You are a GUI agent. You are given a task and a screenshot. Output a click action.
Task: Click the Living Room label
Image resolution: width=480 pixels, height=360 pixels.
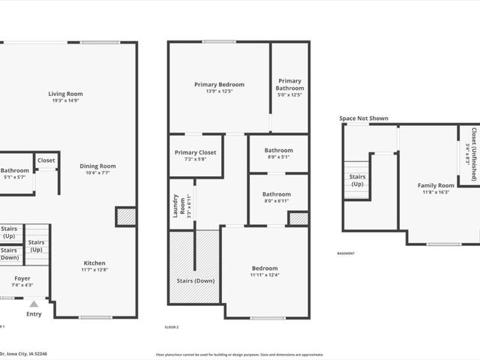click(x=65, y=94)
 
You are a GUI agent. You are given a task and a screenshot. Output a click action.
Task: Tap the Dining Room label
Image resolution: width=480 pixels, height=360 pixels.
click(x=97, y=166)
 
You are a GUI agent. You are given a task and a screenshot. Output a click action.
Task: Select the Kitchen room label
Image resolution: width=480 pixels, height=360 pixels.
click(x=94, y=263)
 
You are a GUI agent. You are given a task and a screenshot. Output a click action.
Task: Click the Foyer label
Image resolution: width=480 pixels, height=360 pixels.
click(x=22, y=278)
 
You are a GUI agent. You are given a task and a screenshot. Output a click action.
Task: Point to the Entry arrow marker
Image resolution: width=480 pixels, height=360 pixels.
click(x=34, y=304)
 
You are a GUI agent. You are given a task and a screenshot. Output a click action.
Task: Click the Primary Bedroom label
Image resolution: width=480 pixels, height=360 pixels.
click(x=217, y=85)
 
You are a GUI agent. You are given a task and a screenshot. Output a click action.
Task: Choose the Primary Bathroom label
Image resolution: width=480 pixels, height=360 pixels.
click(x=289, y=84)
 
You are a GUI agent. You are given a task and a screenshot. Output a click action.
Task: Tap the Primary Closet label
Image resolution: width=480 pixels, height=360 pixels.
click(x=195, y=153)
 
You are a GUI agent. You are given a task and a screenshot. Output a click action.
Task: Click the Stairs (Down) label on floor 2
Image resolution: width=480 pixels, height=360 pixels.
click(x=194, y=280)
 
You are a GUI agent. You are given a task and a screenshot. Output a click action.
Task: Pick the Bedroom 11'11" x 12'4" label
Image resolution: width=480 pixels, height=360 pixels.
click(x=264, y=268)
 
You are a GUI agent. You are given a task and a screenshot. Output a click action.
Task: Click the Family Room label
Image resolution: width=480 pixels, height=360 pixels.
click(x=436, y=185)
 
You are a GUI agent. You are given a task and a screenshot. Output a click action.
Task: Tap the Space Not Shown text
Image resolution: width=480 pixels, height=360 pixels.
click(x=364, y=118)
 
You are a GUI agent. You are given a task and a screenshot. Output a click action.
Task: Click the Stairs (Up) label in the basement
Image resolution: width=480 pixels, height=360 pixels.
click(x=357, y=180)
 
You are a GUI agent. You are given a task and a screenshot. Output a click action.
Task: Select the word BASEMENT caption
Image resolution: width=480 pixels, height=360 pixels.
click(x=346, y=253)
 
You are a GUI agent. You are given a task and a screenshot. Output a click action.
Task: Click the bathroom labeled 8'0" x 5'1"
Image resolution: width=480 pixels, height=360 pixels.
click(x=277, y=150)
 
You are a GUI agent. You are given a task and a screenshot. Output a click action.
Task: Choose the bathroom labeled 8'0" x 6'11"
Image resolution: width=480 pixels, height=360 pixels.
click(x=277, y=194)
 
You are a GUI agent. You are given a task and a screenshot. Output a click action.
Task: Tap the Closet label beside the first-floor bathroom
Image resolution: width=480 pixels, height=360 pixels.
click(x=46, y=160)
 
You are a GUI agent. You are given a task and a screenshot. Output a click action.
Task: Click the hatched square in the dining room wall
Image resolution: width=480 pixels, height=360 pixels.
click(x=126, y=217)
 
